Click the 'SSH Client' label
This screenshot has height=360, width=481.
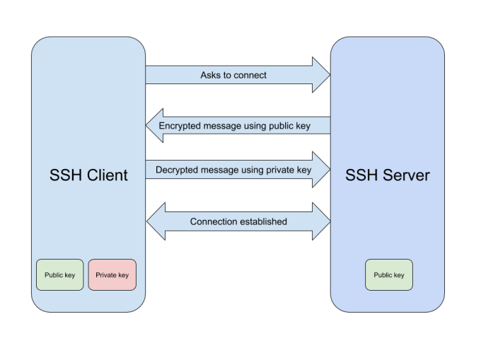(x=88, y=175)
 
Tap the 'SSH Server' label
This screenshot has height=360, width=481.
(x=387, y=175)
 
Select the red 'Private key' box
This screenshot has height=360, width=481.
(x=112, y=275)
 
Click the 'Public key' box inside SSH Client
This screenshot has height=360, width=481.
(x=60, y=275)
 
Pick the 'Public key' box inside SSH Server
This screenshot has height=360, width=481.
(x=388, y=275)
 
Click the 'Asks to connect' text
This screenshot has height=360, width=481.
(x=233, y=75)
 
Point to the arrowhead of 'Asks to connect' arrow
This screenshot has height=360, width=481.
(x=322, y=75)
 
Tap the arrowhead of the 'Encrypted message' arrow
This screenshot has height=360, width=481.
(x=154, y=126)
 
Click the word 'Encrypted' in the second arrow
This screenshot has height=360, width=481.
(x=181, y=126)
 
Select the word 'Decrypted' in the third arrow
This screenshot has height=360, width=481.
(x=178, y=170)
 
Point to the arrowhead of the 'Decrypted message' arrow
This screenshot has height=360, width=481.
(x=322, y=170)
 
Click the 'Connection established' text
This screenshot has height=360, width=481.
(x=238, y=221)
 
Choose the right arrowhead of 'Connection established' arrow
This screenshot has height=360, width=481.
(x=322, y=221)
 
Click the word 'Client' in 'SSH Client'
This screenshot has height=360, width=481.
(x=107, y=175)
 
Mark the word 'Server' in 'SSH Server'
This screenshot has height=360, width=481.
(x=406, y=175)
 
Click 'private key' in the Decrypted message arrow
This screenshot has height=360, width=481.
(x=286, y=170)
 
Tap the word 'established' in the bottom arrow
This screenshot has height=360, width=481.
(x=263, y=221)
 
